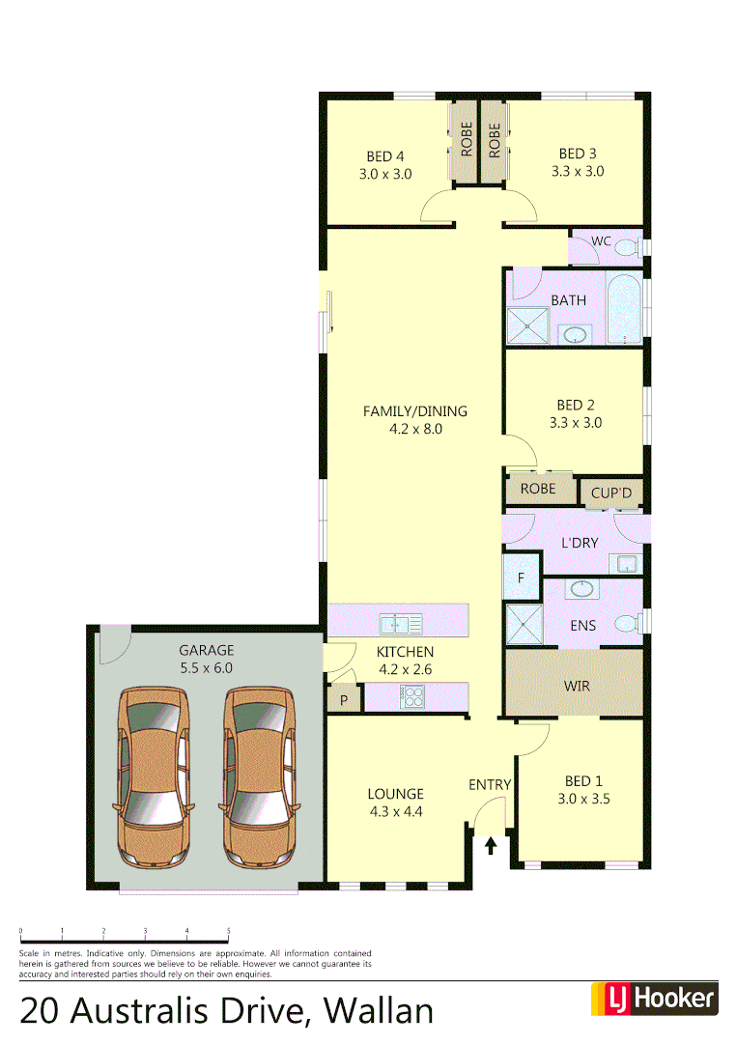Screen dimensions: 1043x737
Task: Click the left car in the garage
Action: click(x=153, y=776)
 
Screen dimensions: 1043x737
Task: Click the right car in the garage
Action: click(x=259, y=776)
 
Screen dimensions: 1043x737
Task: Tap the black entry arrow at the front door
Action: click(x=491, y=846)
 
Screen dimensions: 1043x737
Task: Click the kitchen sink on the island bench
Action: click(x=400, y=620)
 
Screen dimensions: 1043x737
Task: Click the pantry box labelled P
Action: click(x=342, y=699)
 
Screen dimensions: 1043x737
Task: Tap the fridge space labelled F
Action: click(x=522, y=578)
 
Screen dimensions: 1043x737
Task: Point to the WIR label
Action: click(x=576, y=686)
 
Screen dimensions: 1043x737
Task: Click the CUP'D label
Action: click(x=611, y=493)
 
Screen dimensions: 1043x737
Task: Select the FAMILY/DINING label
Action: click(x=414, y=411)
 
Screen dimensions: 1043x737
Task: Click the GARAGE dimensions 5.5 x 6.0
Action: click(x=206, y=667)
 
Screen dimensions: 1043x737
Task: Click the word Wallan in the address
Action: click(x=379, y=1010)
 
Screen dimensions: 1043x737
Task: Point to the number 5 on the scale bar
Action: click(x=228, y=931)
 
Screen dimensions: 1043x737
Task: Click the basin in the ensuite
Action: click(x=582, y=589)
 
